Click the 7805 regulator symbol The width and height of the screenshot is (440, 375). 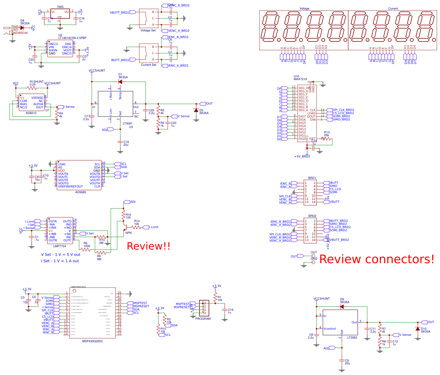pyautogui.click(x=60, y=14)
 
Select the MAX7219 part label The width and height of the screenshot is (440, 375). pyautogui.click(x=300, y=79)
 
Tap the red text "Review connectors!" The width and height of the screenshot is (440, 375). pyautogui.click(x=377, y=259)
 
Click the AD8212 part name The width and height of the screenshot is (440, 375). pyautogui.click(x=31, y=113)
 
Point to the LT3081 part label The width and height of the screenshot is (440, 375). pyautogui.click(x=127, y=124)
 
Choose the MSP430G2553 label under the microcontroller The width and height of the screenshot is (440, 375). pyautogui.click(x=92, y=341)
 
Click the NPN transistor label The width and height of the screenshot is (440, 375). pyautogui.click(x=129, y=233)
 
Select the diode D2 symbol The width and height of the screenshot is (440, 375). pyautogui.click(x=196, y=111)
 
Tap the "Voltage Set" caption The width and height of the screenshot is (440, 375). pyautogui.click(x=148, y=30)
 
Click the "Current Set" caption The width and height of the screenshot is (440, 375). pyautogui.click(x=148, y=65)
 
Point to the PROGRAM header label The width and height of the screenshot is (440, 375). pyautogui.click(x=203, y=319)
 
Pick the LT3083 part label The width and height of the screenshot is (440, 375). pyautogui.click(x=352, y=338)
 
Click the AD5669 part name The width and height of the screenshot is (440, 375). pyautogui.click(x=80, y=192)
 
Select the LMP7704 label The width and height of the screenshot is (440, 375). pyautogui.click(x=60, y=246)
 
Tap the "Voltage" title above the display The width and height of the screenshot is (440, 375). pyautogui.click(x=304, y=9)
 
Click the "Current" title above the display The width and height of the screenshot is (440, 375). pyautogui.click(x=393, y=9)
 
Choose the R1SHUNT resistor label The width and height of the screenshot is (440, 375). pyautogui.click(x=36, y=82)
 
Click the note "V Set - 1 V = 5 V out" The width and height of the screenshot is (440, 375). pyautogui.click(x=61, y=255)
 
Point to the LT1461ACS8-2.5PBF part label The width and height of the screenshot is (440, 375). pyautogui.click(x=72, y=38)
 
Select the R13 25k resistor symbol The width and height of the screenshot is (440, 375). pyautogui.click(x=327, y=139)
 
